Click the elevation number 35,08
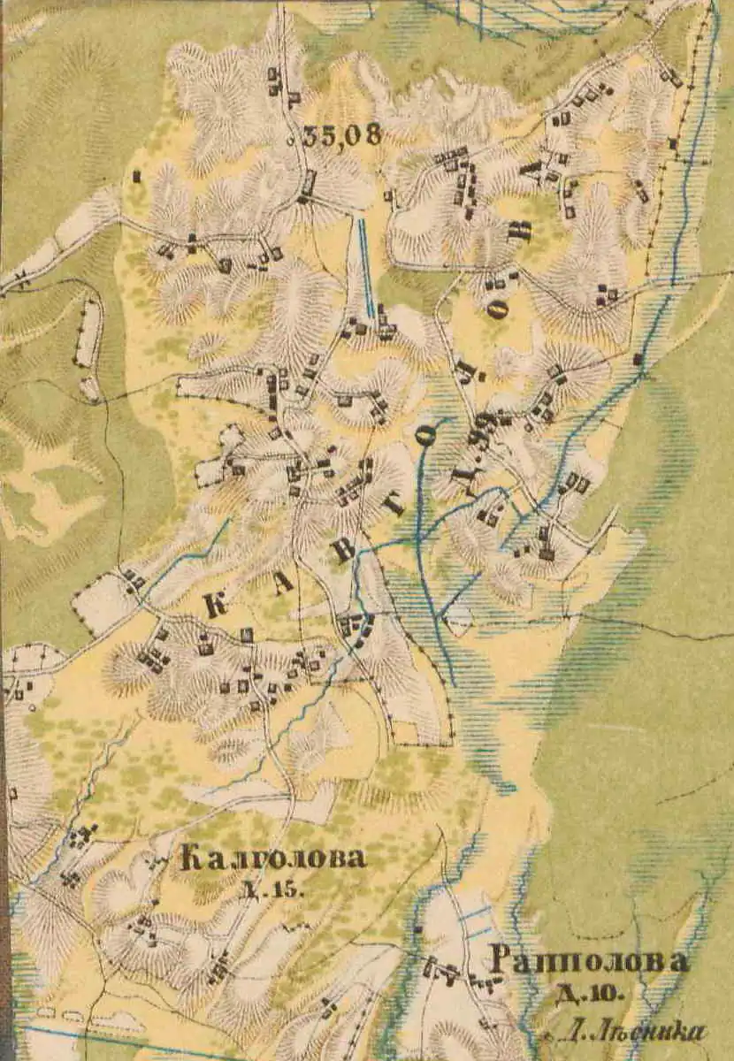pyautogui.click(x=342, y=136)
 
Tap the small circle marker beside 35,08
pyautogui.click(x=291, y=140)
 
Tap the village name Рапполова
pyautogui.click(x=590, y=962)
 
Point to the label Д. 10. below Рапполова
pyautogui.click(x=588, y=994)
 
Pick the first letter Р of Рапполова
pyautogui.click(x=501, y=962)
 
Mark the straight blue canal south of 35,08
pyautogui.click(x=365, y=265)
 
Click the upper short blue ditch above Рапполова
pyautogui.click(x=476, y=912)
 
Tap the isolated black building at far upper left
pyautogui.click(x=136, y=177)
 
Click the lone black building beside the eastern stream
pyautogui.click(x=638, y=359)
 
